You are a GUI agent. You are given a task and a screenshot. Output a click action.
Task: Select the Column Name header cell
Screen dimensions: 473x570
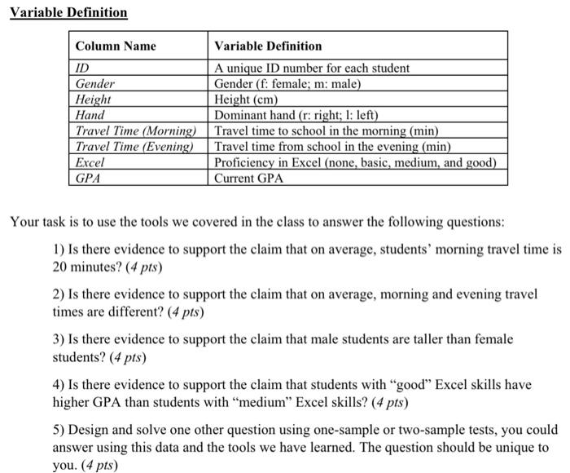[x=115, y=46]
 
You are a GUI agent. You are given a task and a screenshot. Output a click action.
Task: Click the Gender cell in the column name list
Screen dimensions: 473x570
[x=95, y=84]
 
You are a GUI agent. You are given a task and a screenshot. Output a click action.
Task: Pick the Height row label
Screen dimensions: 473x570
[x=94, y=99]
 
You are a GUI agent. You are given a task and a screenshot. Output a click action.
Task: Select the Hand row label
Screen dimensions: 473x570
[x=90, y=115]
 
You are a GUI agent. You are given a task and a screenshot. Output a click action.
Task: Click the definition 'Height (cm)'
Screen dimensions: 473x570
[x=248, y=99]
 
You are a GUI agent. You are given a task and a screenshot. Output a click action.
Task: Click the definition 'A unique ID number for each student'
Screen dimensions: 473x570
[x=312, y=69]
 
